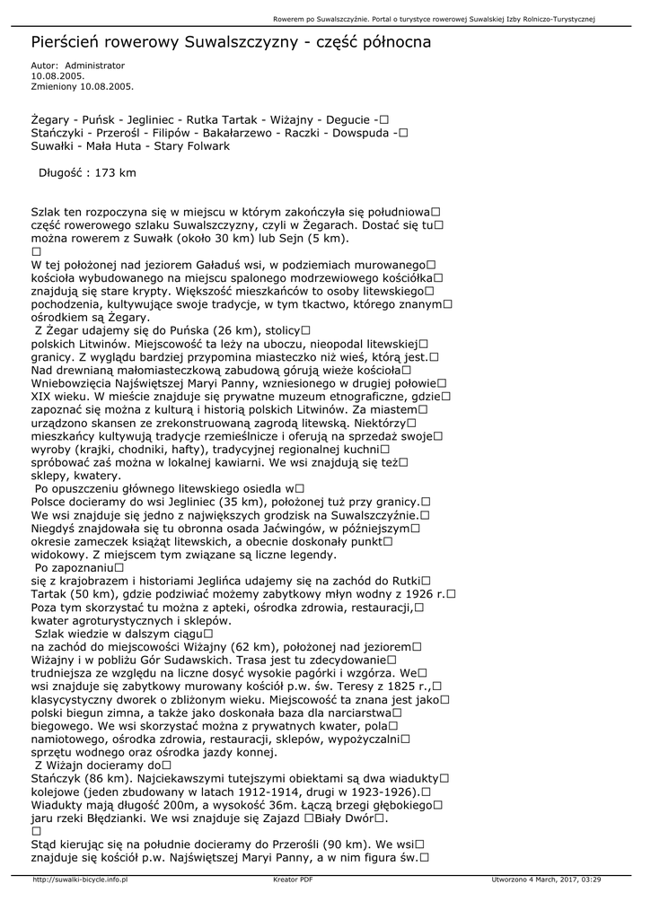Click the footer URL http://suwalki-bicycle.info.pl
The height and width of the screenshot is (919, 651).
pos(80,880)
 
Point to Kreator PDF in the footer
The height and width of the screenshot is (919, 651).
pos(293,880)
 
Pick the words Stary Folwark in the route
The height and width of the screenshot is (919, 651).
pos(191,145)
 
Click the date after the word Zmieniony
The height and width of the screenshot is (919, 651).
pos(107,86)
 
